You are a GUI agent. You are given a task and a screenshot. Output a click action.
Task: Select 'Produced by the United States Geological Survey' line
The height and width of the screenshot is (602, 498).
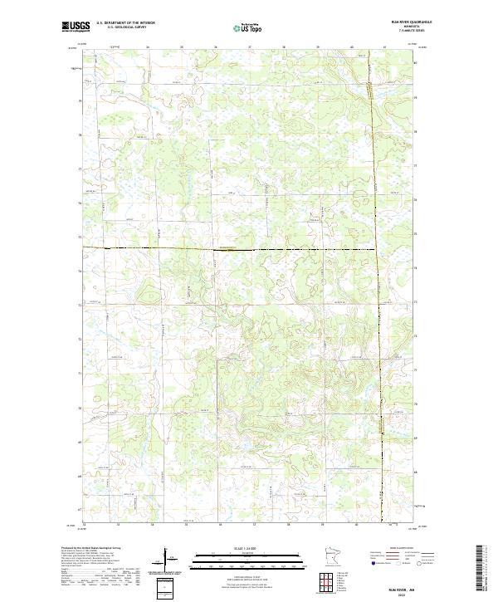tap(91, 550)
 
